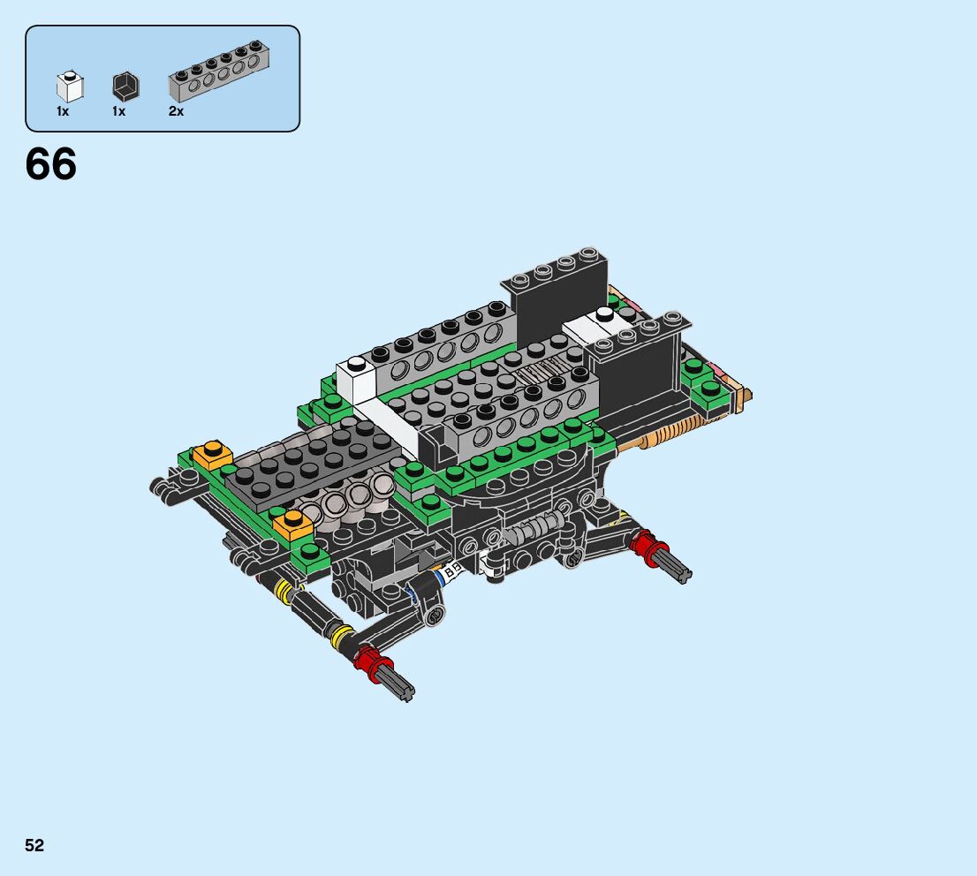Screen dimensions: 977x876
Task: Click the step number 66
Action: click(x=51, y=164)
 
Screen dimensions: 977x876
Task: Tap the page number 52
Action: click(x=34, y=845)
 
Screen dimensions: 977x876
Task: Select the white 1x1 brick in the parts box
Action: click(x=70, y=86)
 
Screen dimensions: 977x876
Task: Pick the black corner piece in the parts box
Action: click(x=125, y=87)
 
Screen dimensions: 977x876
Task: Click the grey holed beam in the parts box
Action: click(x=219, y=72)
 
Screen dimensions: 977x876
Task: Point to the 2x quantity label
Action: click(x=177, y=111)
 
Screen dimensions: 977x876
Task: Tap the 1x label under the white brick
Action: click(x=63, y=111)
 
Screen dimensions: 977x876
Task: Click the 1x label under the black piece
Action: click(x=119, y=111)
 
